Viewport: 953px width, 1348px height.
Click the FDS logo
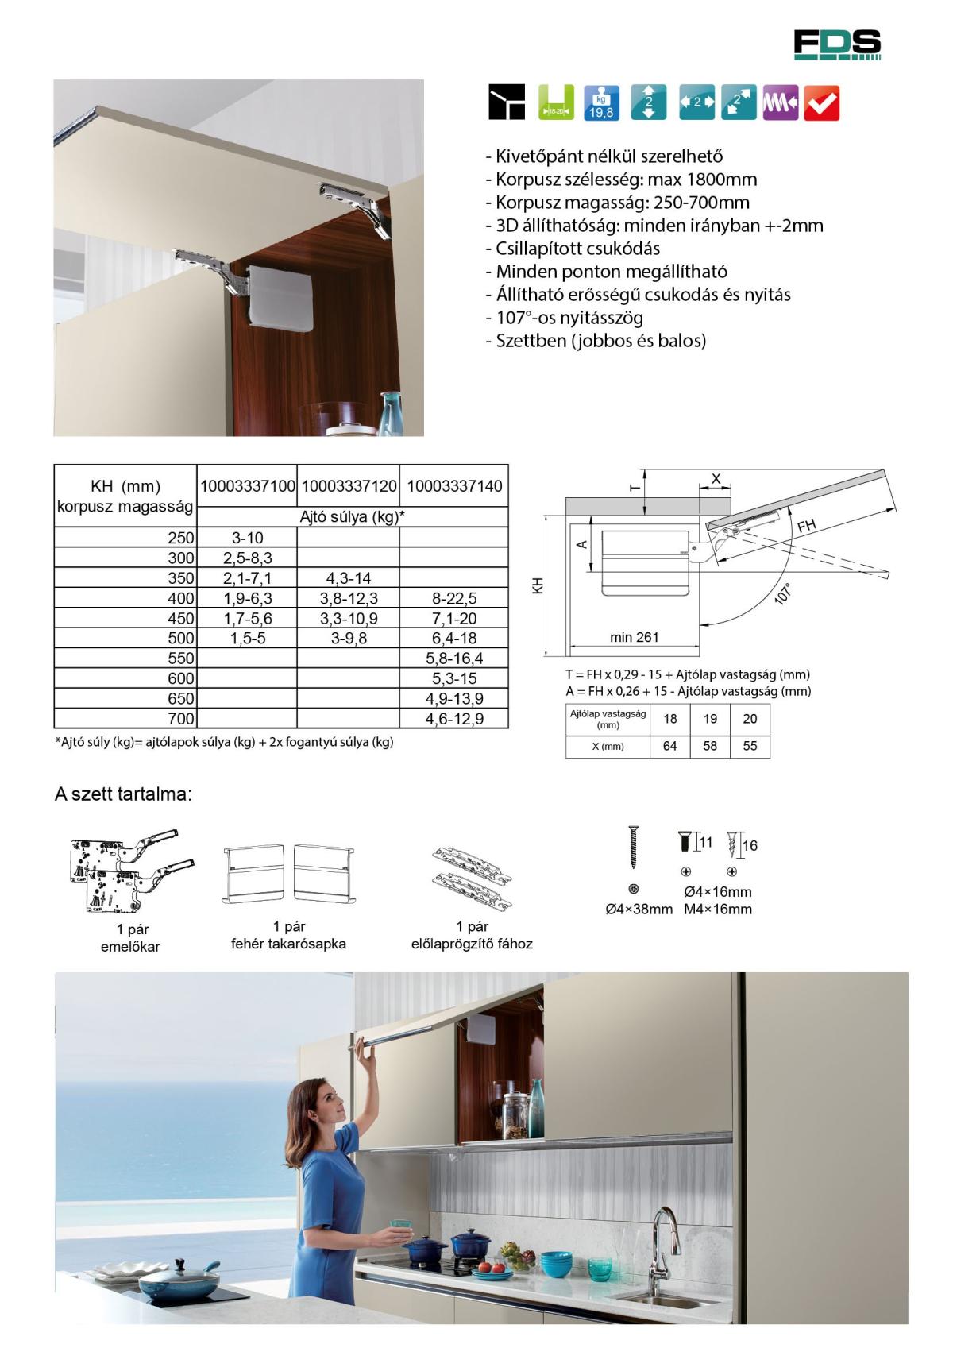(837, 44)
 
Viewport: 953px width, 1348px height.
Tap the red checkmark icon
(821, 103)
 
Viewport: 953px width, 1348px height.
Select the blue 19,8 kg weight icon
(601, 103)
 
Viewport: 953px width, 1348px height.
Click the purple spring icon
(780, 103)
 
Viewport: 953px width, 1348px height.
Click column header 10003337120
(349, 486)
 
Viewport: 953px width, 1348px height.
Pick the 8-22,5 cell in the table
(453, 598)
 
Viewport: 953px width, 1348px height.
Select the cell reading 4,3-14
(349, 578)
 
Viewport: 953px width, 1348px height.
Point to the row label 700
(181, 719)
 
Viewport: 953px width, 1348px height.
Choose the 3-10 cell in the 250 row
(247, 538)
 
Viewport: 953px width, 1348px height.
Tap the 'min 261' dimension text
(634, 637)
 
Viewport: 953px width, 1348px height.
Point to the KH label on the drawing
(538, 587)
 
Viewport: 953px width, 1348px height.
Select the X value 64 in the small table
(669, 747)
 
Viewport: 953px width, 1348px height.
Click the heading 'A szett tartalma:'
(123, 794)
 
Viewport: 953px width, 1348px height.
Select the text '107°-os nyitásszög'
(569, 318)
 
